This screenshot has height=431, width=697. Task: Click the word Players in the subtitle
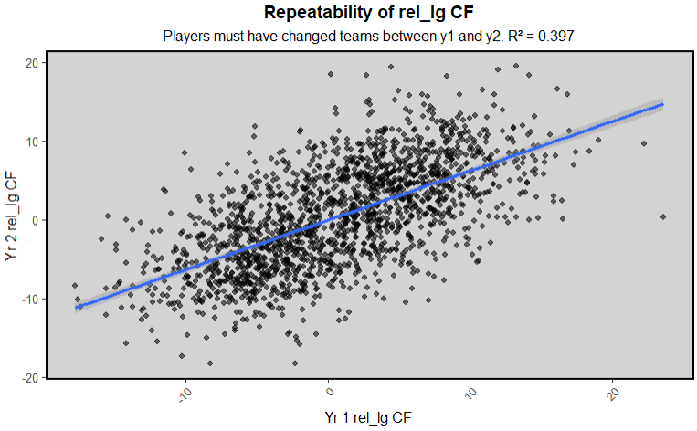(185, 37)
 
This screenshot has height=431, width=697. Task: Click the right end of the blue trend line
(662, 104)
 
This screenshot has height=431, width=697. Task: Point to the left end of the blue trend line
(76, 308)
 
